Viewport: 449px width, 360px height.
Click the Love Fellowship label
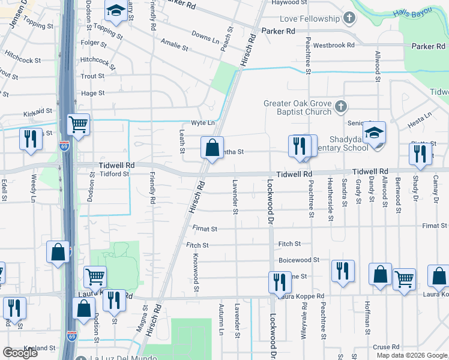(x=306, y=19)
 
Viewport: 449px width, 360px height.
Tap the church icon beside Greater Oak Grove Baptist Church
(x=340, y=107)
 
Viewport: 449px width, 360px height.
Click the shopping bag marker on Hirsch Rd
(x=212, y=148)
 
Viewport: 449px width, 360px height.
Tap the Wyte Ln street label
(x=202, y=123)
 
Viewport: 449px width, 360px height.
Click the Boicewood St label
(x=299, y=260)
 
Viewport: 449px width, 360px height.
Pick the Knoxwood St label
(x=196, y=272)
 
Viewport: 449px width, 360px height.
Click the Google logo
(x=20, y=353)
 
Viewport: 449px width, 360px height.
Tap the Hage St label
(x=92, y=93)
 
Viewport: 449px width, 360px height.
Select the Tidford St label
(x=114, y=174)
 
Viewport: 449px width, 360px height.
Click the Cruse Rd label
(x=386, y=347)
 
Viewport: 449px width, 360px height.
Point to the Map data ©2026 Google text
(x=411, y=355)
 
